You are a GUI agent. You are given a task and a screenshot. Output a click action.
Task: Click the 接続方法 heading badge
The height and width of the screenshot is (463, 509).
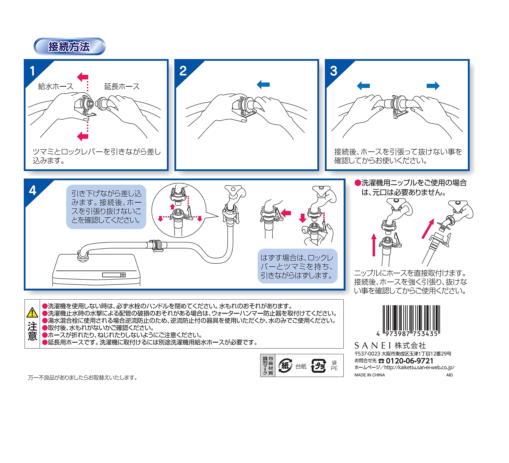point(69,47)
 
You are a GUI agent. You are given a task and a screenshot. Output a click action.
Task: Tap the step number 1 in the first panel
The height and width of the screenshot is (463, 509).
point(32,71)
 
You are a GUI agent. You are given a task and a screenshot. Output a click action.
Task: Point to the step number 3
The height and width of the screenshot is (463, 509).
point(333,71)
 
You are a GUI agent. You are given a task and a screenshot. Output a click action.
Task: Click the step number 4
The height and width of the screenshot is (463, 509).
point(33,190)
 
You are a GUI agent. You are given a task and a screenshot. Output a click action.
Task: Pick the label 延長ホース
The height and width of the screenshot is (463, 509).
point(122,86)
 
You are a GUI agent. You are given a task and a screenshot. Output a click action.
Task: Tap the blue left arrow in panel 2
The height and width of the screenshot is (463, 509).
point(263,84)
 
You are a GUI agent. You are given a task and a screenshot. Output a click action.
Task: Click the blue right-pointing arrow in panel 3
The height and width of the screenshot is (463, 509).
point(433,86)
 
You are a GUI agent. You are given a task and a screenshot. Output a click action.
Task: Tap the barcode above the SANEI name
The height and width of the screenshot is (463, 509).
point(411,320)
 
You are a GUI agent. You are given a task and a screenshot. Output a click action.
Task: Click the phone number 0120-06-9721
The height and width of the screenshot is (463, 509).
point(410,361)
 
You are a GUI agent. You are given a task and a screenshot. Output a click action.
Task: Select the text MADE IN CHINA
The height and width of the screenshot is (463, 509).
point(369,375)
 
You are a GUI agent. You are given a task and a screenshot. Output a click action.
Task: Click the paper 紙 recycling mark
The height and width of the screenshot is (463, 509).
point(285,366)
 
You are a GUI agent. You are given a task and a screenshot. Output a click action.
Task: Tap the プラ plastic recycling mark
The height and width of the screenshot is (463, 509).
point(318,366)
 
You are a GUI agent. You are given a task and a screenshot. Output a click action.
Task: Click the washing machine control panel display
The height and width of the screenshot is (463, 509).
point(114,275)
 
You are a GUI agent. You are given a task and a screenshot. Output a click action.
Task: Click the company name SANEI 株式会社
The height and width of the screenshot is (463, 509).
point(390,346)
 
